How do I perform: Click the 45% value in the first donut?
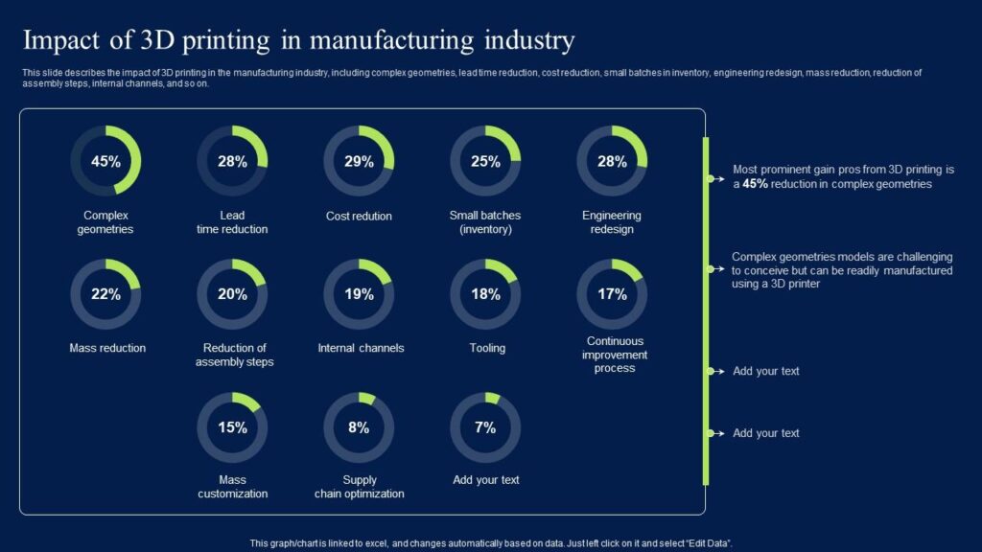click(105, 161)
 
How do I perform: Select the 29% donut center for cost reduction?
click(359, 161)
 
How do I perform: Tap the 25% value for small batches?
click(485, 161)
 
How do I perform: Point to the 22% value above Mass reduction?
click(105, 294)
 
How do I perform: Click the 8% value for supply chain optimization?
click(359, 427)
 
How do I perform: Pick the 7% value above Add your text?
click(485, 427)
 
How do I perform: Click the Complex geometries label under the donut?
click(105, 222)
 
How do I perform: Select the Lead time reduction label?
click(232, 222)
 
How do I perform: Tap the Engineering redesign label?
click(612, 222)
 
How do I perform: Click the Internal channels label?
click(361, 348)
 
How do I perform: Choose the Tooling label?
click(487, 348)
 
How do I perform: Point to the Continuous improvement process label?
click(614, 355)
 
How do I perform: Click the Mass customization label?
click(232, 487)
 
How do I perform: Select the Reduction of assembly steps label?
click(234, 355)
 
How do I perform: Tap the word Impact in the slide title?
click(59, 41)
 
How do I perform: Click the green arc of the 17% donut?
click(628, 268)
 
